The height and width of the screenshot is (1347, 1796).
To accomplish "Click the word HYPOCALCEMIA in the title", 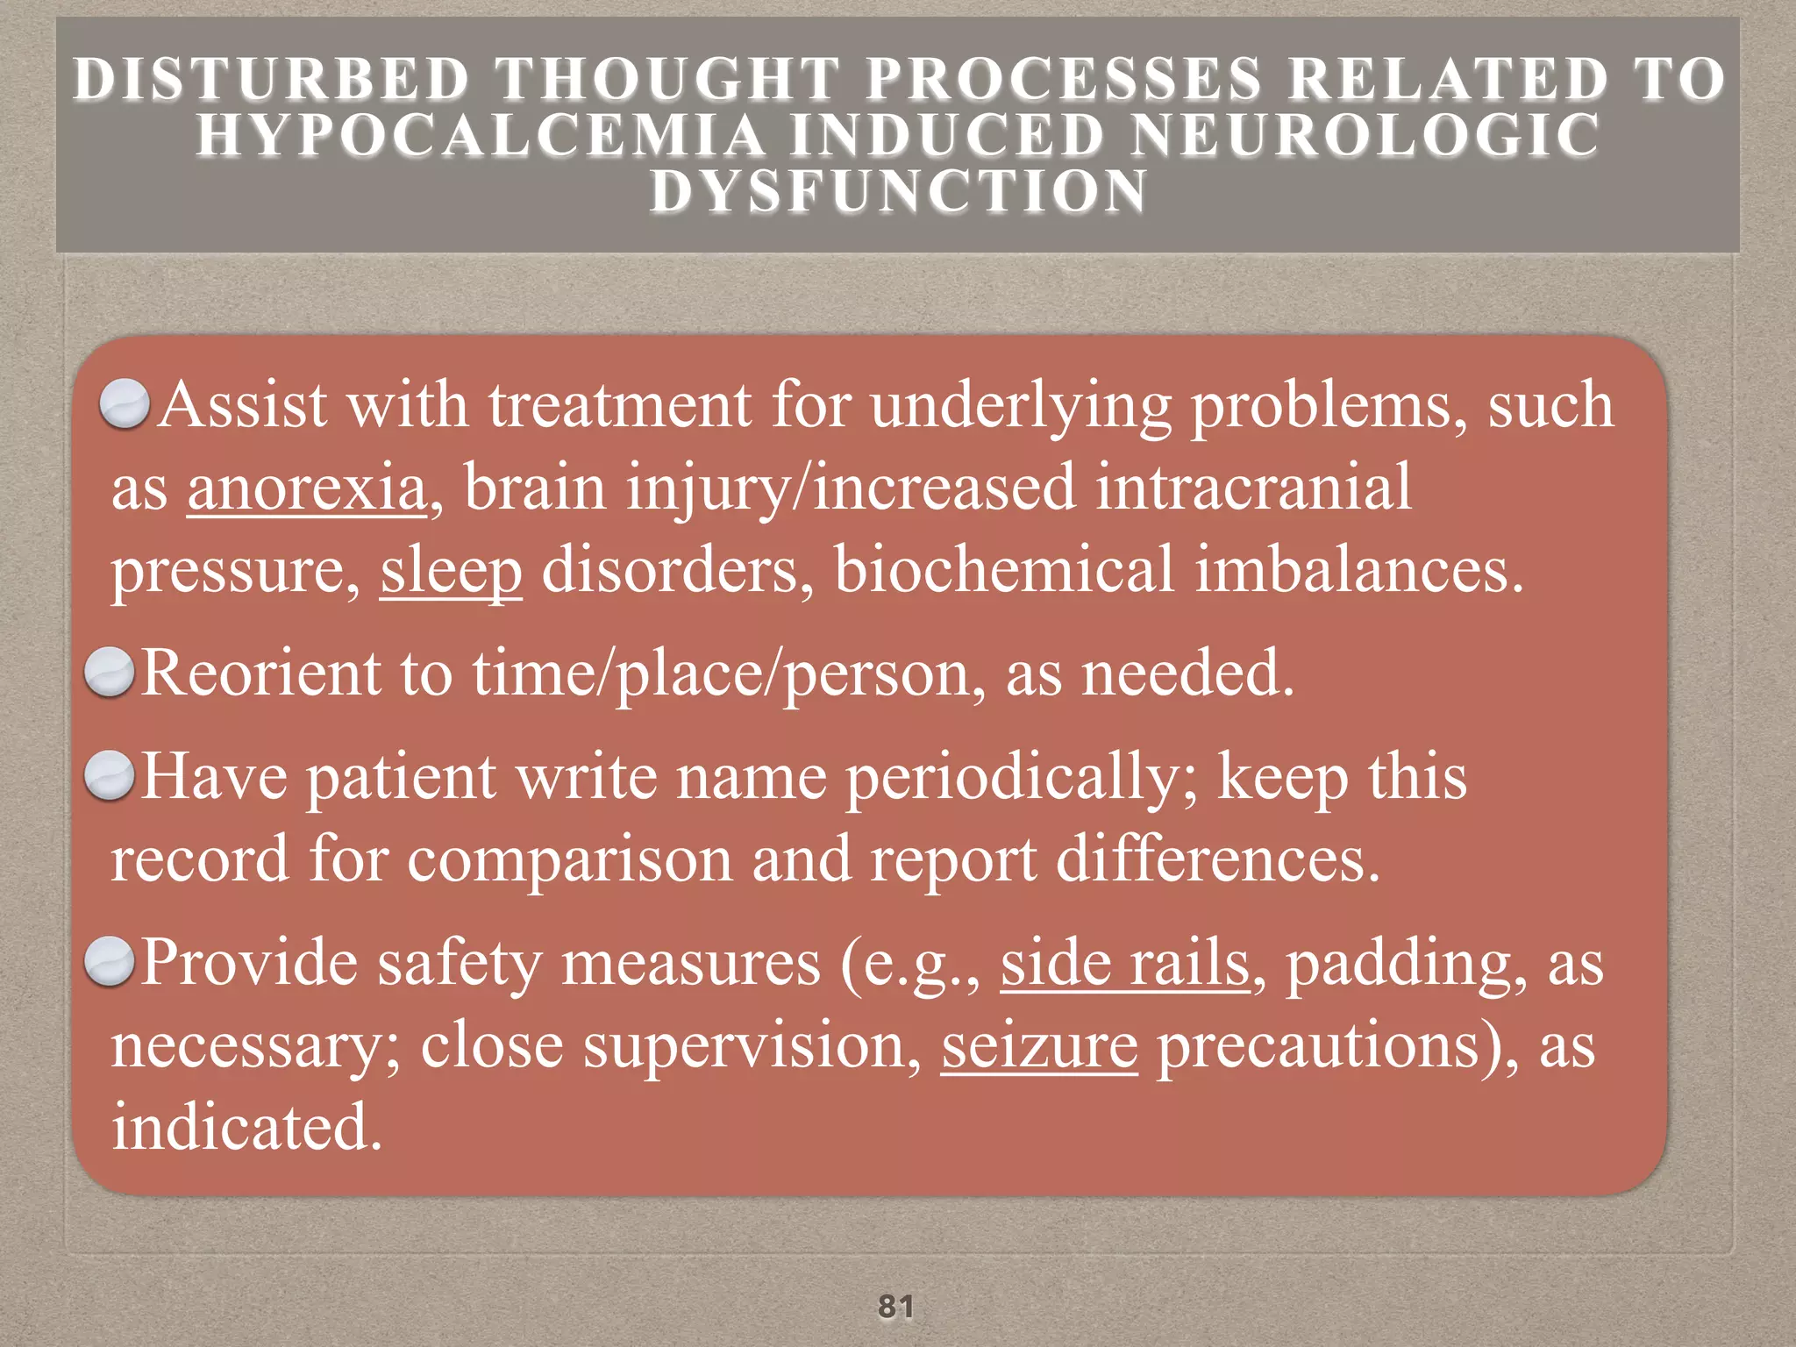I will point(481,136).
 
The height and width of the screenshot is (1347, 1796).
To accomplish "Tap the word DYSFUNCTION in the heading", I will point(898,191).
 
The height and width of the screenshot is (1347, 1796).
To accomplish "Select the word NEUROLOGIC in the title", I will point(1365,136).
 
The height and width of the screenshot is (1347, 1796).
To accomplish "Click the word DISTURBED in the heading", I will point(271,80).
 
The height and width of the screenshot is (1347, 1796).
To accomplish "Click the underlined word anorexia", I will point(307,488).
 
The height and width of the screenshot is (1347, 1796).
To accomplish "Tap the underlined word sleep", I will point(451,571).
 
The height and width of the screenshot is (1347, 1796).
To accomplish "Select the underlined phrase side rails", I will point(1125,964).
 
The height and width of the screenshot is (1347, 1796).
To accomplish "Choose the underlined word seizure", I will point(1039,1045).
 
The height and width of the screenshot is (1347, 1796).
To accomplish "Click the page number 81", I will point(896,1306).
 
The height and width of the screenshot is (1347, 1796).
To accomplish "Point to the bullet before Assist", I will point(125,404).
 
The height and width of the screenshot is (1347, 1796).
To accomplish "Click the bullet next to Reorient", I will point(110,673).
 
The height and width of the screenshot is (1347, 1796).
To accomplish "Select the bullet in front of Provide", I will point(110,962).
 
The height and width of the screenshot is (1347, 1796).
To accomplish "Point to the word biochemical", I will point(1003,571).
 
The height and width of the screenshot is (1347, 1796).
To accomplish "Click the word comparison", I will point(569,859).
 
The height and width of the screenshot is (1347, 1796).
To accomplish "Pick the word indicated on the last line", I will point(247,1127).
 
